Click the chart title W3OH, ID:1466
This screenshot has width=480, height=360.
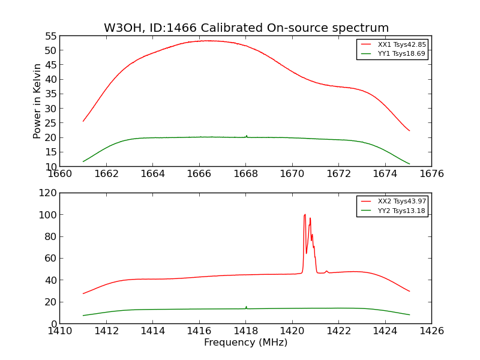[x=246, y=28]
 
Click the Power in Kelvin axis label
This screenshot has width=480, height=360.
[x=37, y=101]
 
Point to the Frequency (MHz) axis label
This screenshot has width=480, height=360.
[x=245, y=343]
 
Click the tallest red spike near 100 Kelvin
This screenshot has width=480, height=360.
[x=305, y=215]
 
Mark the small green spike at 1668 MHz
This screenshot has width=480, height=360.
[x=246, y=136]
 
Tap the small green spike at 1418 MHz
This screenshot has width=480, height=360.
[x=246, y=307]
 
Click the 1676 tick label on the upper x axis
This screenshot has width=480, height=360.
[x=431, y=174]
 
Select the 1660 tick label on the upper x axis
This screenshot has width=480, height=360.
[x=60, y=174]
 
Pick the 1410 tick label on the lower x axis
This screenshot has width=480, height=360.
[x=60, y=331]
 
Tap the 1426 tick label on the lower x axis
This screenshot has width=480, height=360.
[x=431, y=331]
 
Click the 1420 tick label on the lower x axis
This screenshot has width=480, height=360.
[x=292, y=331]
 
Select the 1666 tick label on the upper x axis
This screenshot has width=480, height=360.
[x=199, y=174]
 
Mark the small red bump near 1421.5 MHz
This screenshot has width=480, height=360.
[x=326, y=271]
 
